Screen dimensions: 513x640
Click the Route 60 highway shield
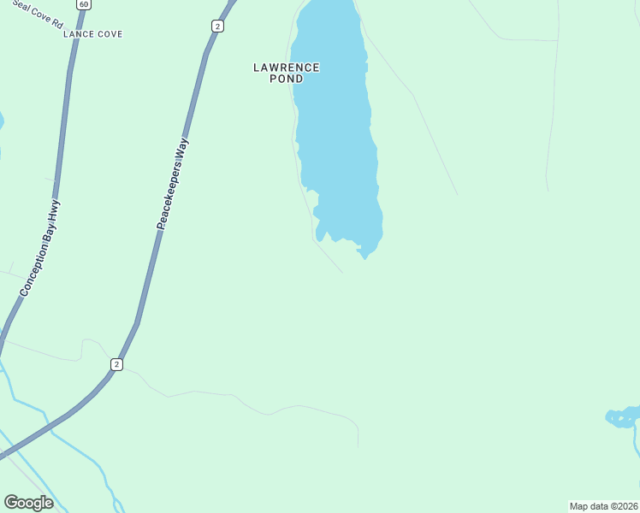pyautogui.click(x=82, y=4)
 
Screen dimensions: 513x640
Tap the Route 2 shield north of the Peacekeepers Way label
pyautogui.click(x=217, y=27)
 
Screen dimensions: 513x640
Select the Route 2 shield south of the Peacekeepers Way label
pyautogui.click(x=116, y=365)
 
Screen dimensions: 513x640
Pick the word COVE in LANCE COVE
pyautogui.click(x=109, y=34)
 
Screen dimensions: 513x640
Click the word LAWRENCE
pyautogui.click(x=287, y=67)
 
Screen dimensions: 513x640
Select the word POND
pyautogui.click(x=287, y=79)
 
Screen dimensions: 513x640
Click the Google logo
pyautogui.click(x=28, y=503)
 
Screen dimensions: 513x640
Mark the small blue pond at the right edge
pyautogui.click(x=622, y=417)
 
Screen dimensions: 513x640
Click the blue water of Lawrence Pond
pyautogui.click(x=338, y=128)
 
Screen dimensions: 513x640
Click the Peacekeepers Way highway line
pyautogui.click(x=145, y=282)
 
